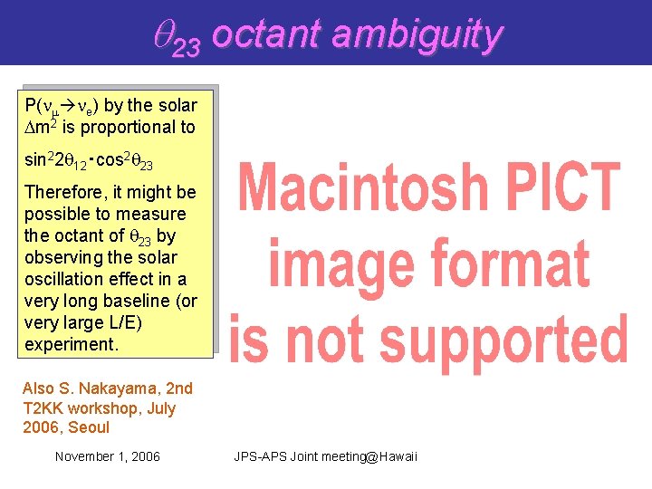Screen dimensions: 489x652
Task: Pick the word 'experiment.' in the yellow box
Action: (72, 344)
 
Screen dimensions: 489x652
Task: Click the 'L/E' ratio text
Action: (120, 322)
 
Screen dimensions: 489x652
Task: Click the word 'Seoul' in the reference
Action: (88, 427)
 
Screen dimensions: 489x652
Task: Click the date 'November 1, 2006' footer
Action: (107, 456)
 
